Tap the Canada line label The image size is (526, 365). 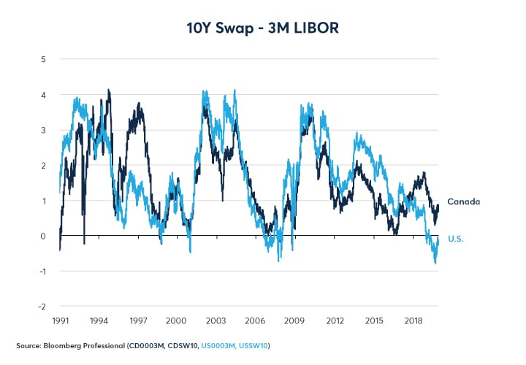(463, 201)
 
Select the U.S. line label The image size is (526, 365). (457, 239)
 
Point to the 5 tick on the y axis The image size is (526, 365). (44, 59)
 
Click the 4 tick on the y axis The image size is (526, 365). (44, 95)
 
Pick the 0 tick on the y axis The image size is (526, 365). (44, 236)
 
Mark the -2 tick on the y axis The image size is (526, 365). (42, 307)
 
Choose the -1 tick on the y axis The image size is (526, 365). (42, 272)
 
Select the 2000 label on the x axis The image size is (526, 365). (180, 320)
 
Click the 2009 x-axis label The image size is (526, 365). (294, 320)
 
